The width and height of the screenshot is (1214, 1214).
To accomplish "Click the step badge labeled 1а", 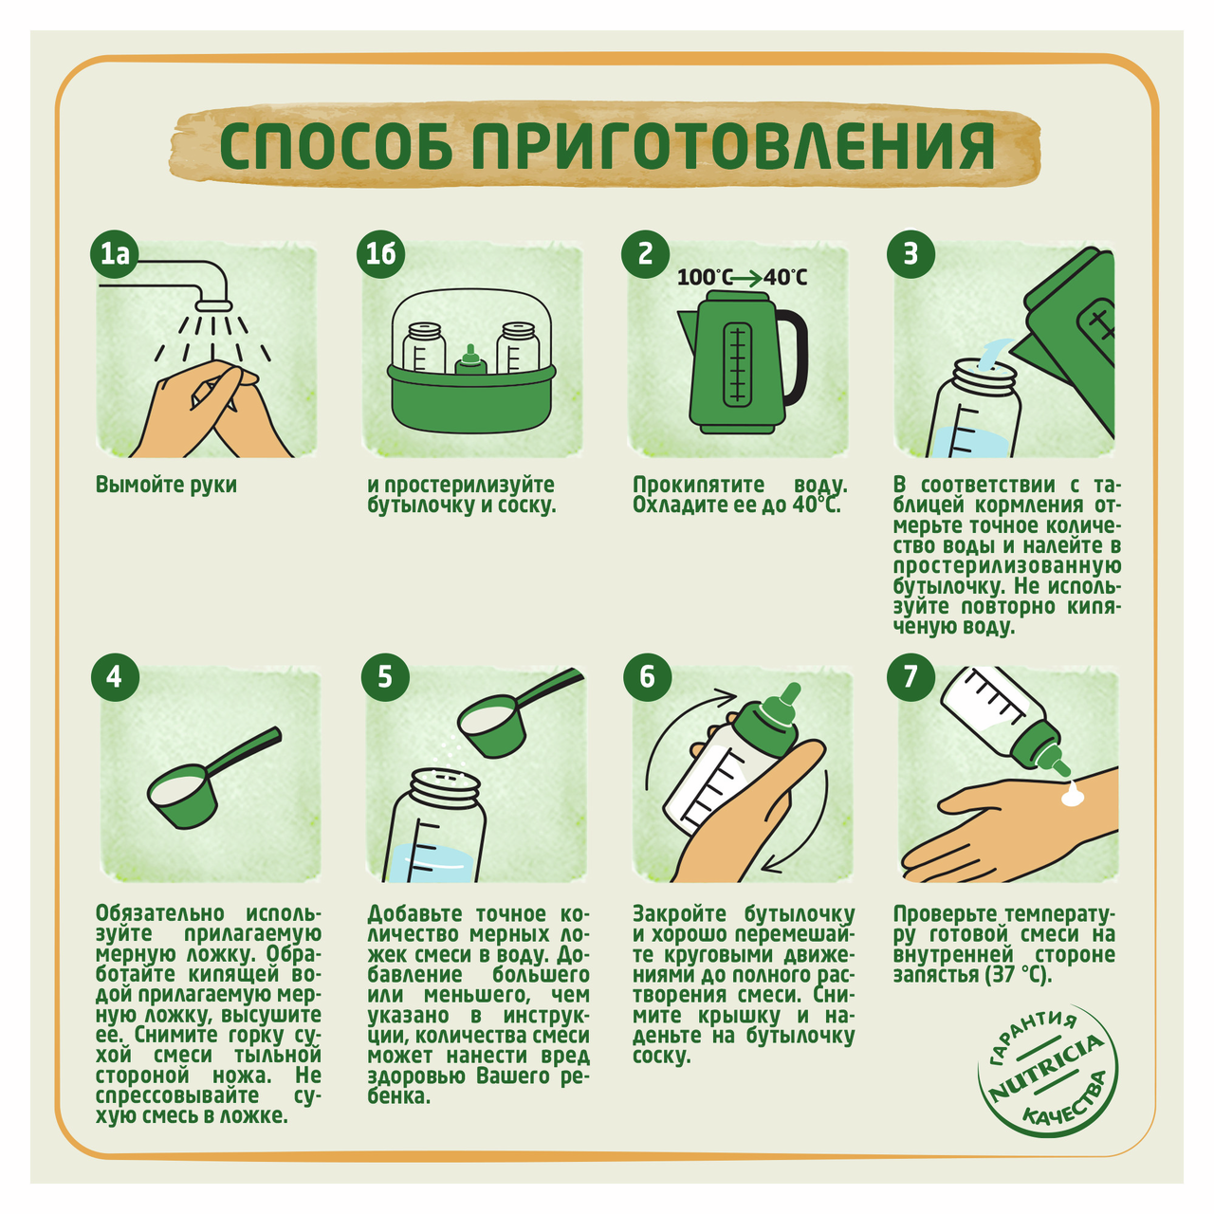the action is coord(115,254).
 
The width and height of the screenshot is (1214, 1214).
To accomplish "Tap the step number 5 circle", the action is coord(385,677).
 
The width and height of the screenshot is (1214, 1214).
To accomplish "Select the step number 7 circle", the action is coord(910,677).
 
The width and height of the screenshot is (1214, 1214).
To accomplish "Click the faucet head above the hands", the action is coord(214,303).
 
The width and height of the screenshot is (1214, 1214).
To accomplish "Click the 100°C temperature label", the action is coord(705,277).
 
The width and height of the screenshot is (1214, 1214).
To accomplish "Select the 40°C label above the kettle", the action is coord(785,277).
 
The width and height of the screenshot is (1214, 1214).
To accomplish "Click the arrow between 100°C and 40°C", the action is coord(747,278).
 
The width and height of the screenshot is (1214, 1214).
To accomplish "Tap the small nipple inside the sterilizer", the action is coord(469,361).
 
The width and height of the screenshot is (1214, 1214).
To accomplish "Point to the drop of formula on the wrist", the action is coord(1071,796).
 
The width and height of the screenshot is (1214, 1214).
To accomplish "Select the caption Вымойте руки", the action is coord(166,485).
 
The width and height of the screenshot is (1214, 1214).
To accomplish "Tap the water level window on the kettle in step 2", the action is coord(736,365).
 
